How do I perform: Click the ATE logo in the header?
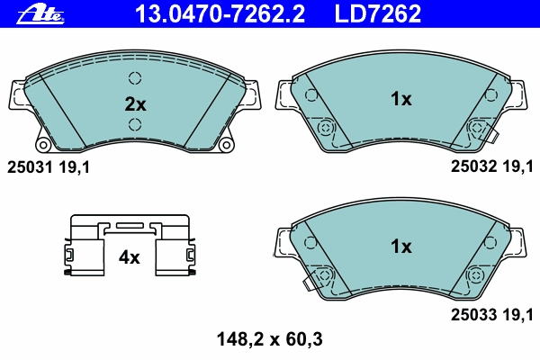[x=40, y=14]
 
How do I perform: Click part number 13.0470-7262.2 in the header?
[x=220, y=13]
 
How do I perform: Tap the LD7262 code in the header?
[x=378, y=13]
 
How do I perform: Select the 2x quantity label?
[x=135, y=104]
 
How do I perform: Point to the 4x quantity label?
[x=129, y=257]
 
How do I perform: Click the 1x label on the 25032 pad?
[x=400, y=99]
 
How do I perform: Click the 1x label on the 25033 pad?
[x=400, y=247]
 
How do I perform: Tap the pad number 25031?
[x=30, y=167]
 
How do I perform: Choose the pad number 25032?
[x=474, y=166]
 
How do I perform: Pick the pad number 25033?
[x=474, y=314]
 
